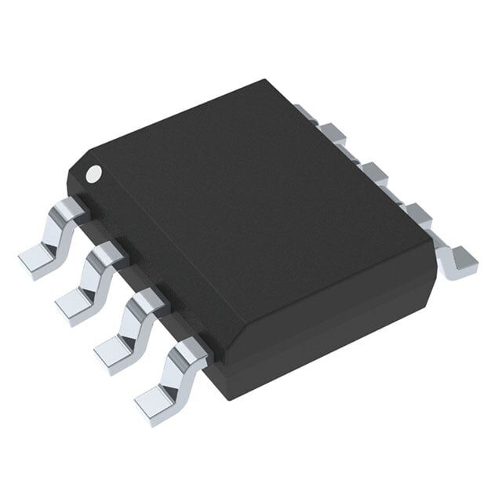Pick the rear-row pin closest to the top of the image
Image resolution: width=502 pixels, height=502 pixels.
[307, 114]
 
